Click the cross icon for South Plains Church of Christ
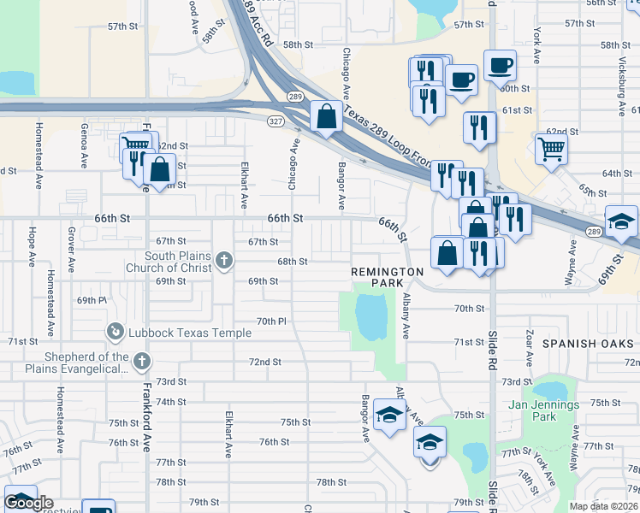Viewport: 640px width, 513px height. [224, 261]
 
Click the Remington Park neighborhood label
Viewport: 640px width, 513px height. [387, 276]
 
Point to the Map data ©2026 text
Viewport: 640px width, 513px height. [603, 506]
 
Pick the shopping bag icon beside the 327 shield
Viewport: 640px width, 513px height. [327, 116]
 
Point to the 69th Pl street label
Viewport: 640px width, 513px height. [92, 301]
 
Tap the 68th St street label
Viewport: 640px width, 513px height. [292, 262]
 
